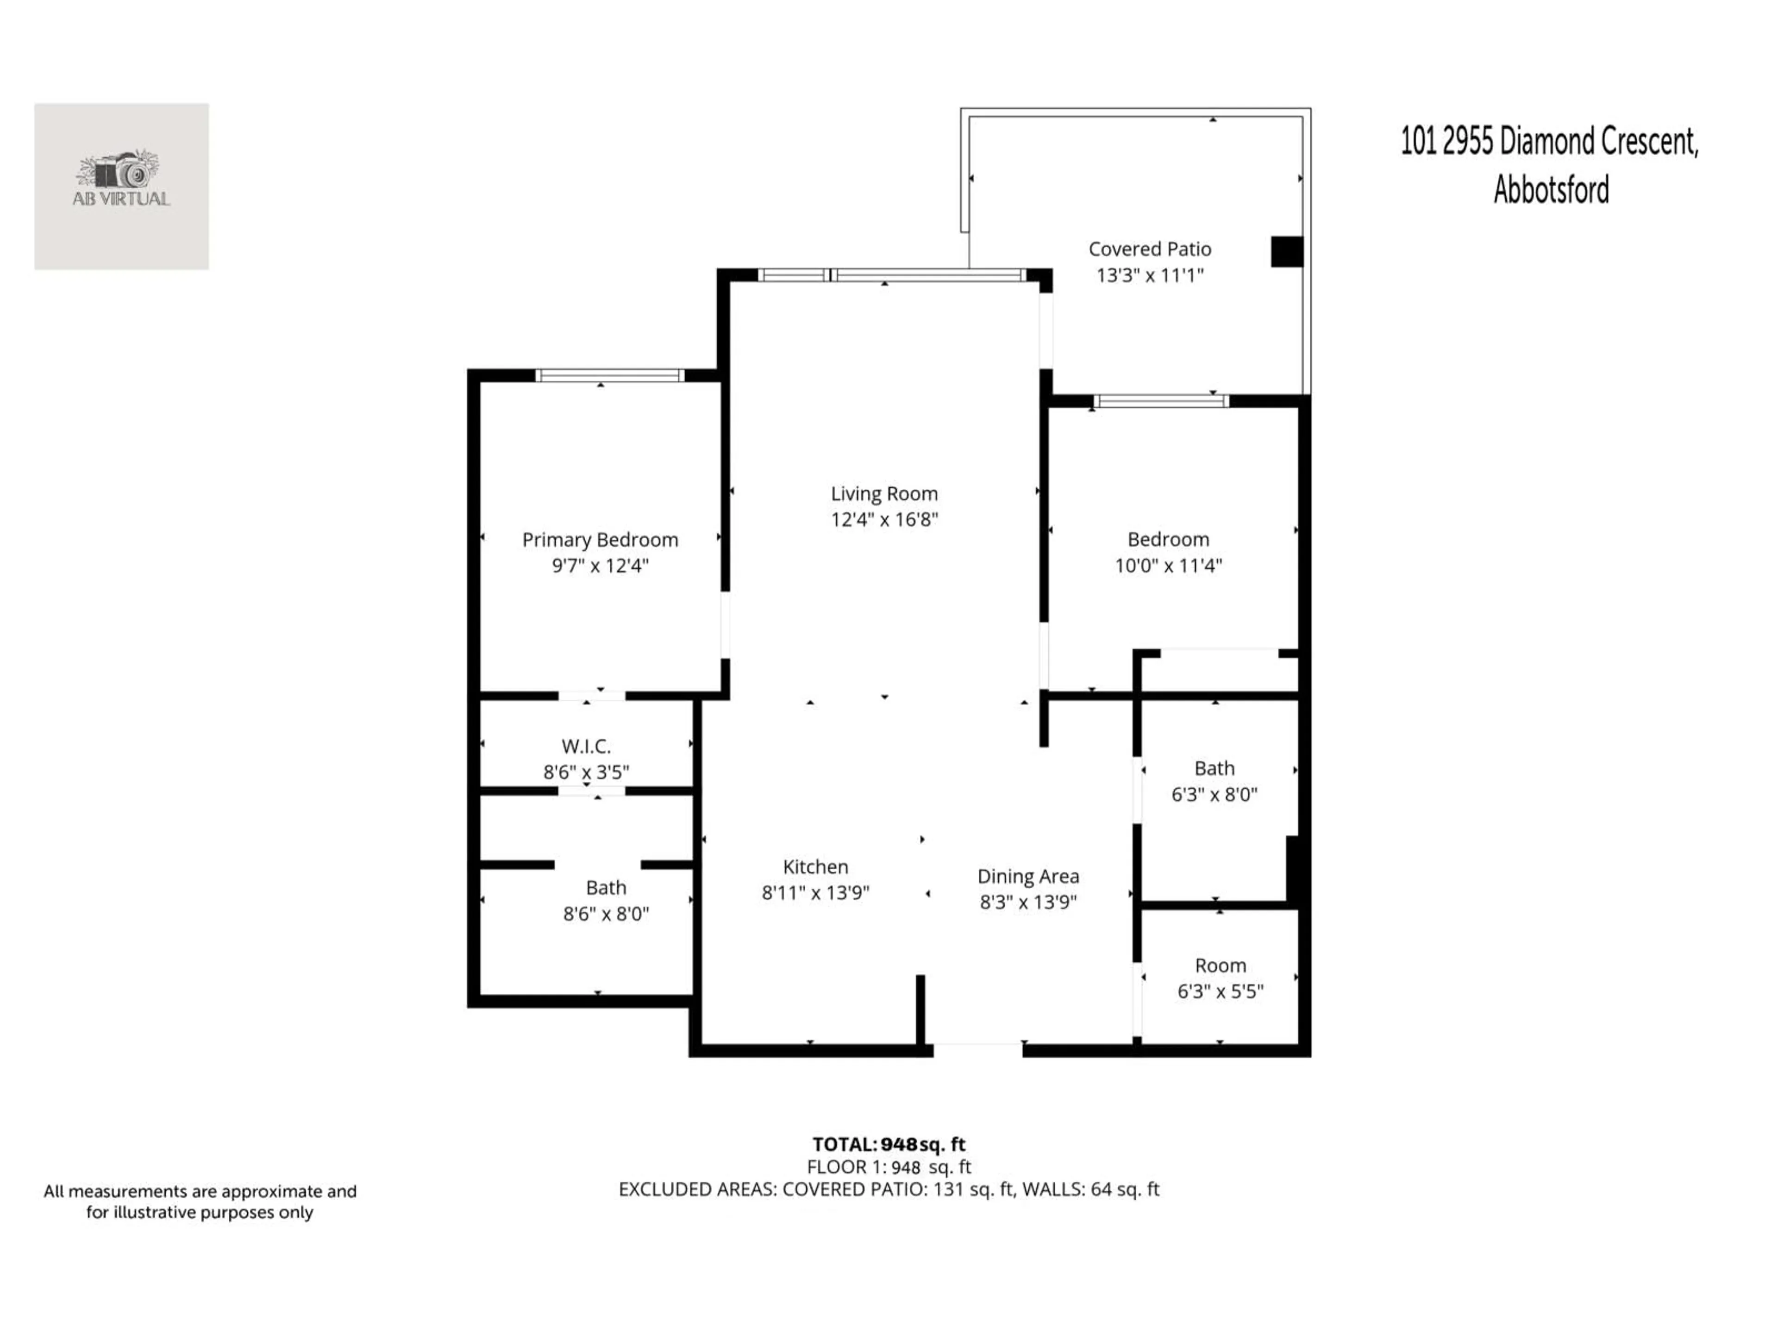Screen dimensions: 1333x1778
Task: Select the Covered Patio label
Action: click(x=1149, y=249)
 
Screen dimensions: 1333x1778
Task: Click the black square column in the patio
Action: click(x=1286, y=251)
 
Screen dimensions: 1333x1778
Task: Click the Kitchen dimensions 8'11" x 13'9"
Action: click(x=815, y=893)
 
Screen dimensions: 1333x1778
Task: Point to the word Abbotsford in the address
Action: click(x=1551, y=190)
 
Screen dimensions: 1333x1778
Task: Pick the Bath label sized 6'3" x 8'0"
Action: click(x=1214, y=769)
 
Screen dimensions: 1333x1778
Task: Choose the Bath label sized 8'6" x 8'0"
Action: click(x=605, y=888)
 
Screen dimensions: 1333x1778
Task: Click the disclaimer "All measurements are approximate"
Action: click(x=200, y=1191)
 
